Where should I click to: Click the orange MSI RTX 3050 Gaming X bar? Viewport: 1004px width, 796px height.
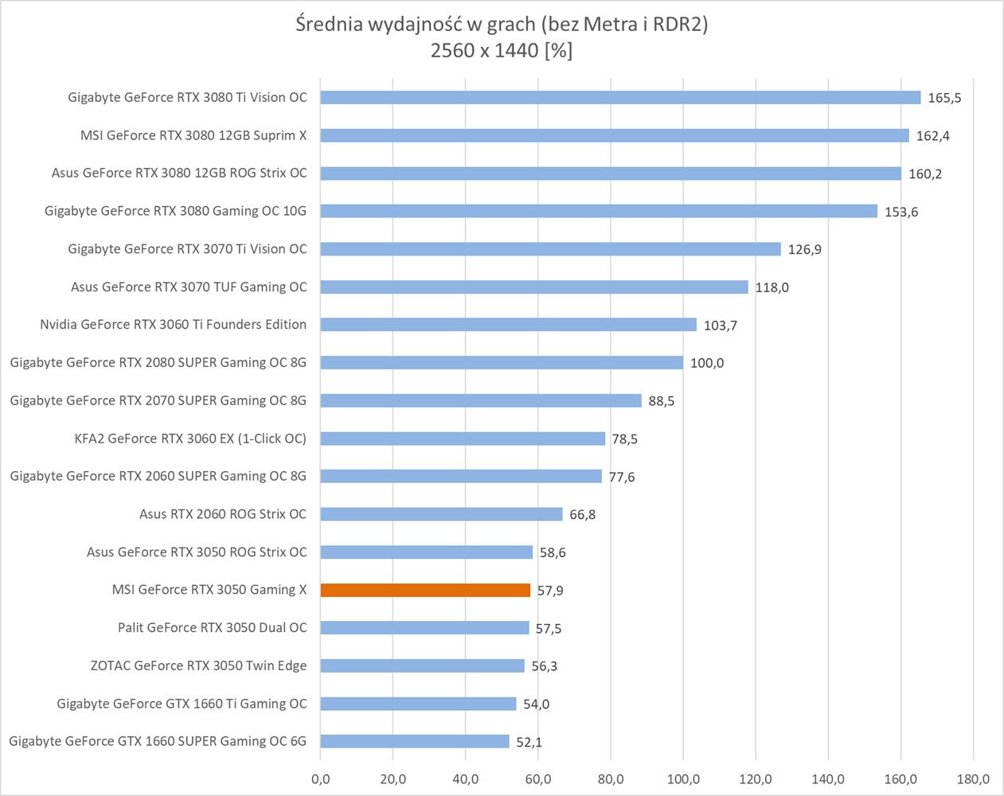425,590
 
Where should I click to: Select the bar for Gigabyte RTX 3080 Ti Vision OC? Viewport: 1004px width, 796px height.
620,97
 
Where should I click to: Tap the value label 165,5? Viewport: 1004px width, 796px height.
944,98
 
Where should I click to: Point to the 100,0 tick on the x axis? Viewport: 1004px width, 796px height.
683,779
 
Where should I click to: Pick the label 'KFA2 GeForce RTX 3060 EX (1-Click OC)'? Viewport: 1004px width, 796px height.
190,438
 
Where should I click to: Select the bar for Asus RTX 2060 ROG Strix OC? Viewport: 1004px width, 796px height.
441,514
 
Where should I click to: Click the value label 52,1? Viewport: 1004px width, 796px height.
529,742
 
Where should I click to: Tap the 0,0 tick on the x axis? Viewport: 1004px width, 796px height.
320,779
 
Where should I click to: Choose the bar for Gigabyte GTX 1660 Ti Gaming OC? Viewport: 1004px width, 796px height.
418,704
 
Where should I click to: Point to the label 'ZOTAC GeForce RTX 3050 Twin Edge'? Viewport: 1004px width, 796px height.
198,665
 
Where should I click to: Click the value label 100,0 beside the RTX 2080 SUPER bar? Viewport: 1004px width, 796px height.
707,363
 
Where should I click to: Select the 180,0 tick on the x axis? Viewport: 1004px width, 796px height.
973,779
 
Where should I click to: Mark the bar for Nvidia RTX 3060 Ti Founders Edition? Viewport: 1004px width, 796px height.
508,325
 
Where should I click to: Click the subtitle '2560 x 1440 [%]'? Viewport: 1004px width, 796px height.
502,50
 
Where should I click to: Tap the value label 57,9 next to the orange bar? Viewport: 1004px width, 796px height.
550,591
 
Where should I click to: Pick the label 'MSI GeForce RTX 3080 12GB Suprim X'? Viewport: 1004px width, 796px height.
193,135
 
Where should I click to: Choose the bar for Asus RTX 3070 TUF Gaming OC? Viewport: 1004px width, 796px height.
534,287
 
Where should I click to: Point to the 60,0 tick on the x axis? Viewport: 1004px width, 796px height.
538,779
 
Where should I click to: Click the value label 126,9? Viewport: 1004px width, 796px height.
804,249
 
